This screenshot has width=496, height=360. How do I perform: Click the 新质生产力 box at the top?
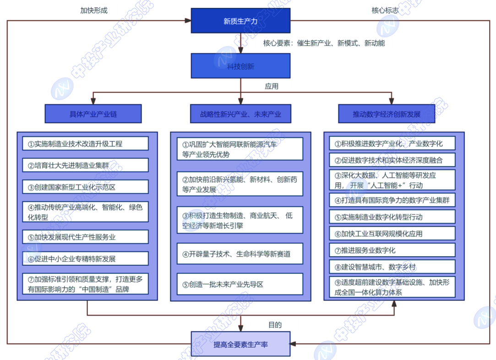click(240, 21)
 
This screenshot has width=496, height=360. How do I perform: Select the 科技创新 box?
click(240, 66)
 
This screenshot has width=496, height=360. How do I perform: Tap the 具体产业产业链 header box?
click(93, 114)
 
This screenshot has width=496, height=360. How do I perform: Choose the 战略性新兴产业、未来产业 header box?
click(240, 114)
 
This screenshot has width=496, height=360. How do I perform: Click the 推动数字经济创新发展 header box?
click(387, 114)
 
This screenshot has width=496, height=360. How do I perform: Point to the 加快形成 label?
click(94, 11)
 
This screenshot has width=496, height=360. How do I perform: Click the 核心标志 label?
click(385, 11)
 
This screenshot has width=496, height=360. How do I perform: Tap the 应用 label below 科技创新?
click(271, 86)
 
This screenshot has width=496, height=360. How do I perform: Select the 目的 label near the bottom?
click(275, 325)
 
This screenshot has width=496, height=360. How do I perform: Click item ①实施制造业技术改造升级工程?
click(86, 144)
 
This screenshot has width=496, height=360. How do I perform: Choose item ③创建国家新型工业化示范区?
click(86, 187)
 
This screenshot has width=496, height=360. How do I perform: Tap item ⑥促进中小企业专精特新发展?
click(86, 259)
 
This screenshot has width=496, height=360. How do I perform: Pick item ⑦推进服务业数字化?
click(392, 250)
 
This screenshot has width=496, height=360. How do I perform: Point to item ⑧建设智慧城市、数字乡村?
click(392, 267)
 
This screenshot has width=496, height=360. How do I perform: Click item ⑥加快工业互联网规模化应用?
click(392, 234)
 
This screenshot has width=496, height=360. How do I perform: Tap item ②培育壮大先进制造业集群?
click(86, 165)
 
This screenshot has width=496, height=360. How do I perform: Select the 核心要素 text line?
click(324, 44)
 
